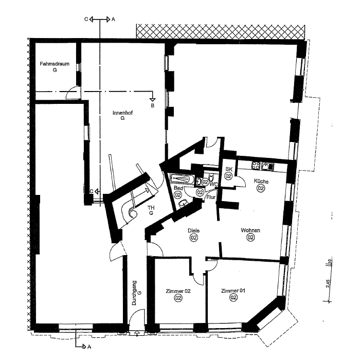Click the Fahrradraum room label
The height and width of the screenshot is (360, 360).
tap(55, 64)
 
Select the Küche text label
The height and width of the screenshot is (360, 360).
tap(261, 181)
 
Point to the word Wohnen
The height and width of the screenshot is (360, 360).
tap(250, 230)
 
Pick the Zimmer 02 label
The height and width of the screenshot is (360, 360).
tap(177, 291)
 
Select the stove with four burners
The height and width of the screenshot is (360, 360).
tap(255, 166)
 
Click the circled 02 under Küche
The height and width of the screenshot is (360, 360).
tap(261, 188)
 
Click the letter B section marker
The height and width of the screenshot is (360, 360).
tap(152, 105)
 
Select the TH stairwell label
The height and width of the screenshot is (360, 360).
tap(151, 208)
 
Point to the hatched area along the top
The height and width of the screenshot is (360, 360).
tap(221, 31)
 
